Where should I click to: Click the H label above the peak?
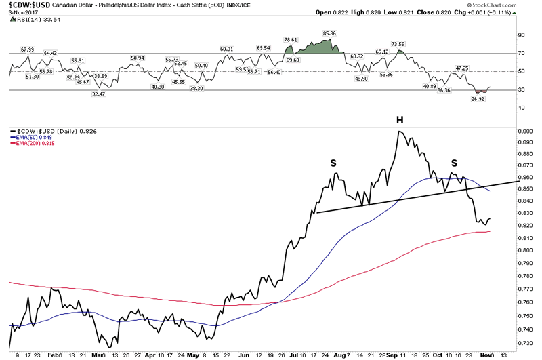click(400, 120)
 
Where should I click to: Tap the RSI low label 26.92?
click(478, 98)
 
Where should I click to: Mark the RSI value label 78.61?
click(293, 40)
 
